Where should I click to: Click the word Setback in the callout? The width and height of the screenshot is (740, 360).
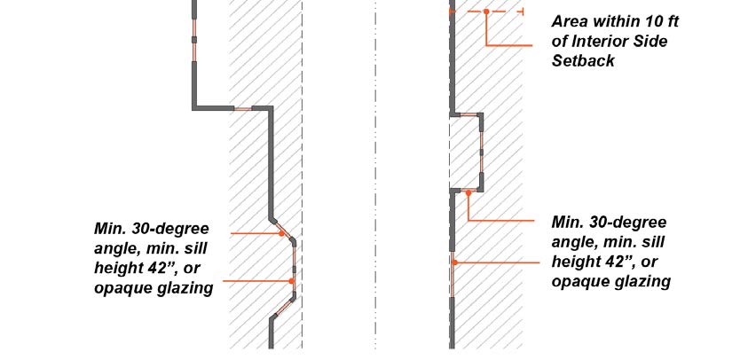pos(583,61)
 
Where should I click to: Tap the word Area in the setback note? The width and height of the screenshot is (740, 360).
pos(571,21)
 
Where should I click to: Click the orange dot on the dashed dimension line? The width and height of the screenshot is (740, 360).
pos(486,12)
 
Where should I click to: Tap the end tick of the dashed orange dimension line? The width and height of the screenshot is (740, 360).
pos(523,12)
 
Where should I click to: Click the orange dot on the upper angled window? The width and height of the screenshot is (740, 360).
pos(282,233)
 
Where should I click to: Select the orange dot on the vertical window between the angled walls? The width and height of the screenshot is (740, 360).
pos(293,281)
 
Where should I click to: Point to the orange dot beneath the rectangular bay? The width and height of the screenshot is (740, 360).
pos(468,192)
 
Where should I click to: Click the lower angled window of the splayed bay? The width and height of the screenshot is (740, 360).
pos(281,309)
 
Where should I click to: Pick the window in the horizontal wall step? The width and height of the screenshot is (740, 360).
pos(242,108)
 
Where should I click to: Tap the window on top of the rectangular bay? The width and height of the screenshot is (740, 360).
pos(465,114)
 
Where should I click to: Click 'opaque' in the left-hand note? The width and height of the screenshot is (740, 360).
pos(122,288)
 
